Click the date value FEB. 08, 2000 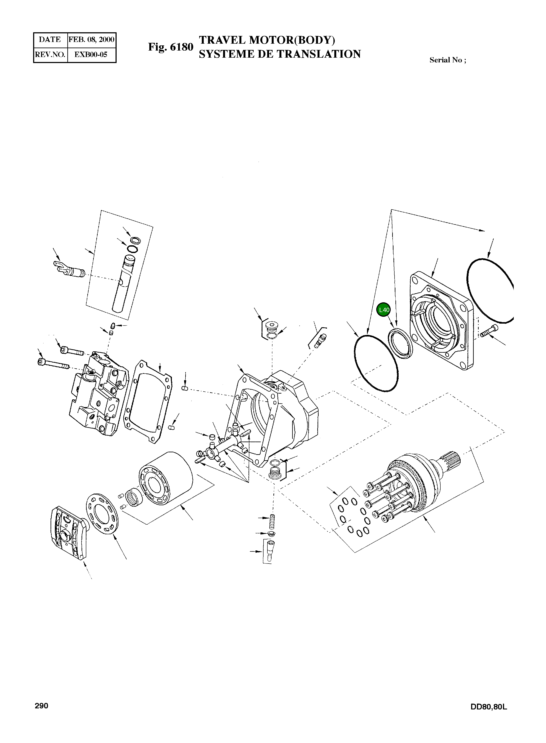coord(91,40)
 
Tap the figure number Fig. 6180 coord(171,47)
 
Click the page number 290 coord(42,706)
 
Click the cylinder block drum coord(165,478)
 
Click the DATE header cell coord(50,40)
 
